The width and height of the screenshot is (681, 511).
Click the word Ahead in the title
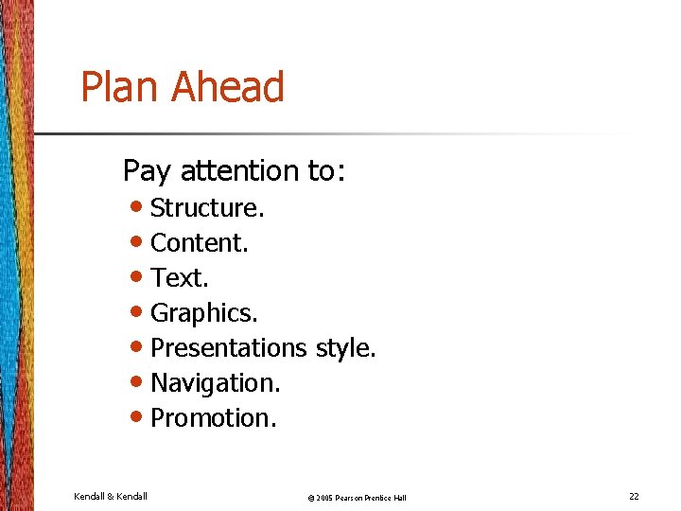click(x=228, y=88)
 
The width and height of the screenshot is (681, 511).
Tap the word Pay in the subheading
click(x=147, y=171)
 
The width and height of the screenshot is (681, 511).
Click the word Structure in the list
click(x=205, y=207)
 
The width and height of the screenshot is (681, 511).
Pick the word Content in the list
click(x=198, y=243)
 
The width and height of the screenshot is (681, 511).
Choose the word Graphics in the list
click(x=202, y=313)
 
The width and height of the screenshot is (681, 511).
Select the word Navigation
click(x=214, y=383)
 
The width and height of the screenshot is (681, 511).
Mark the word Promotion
click(x=212, y=417)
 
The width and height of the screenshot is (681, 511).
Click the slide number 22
click(x=634, y=496)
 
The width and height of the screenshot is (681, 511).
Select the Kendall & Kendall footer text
click(x=111, y=496)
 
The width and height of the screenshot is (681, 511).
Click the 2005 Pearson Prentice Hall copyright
click(x=358, y=498)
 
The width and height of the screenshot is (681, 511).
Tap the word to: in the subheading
click(x=327, y=170)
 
